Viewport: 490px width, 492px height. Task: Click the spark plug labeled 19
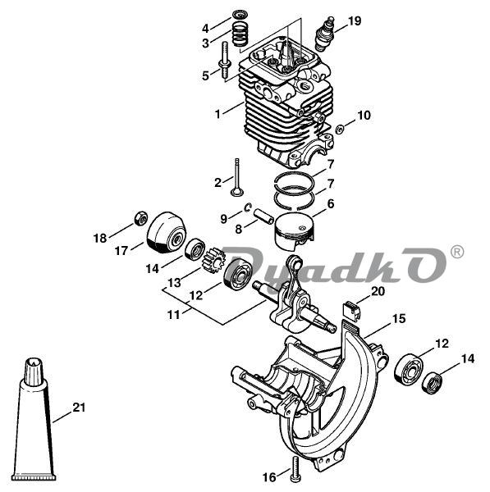pos(324,34)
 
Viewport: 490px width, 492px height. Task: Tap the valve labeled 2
pos(236,178)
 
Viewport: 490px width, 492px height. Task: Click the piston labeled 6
pos(293,231)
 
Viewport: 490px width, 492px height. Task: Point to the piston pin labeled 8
pos(263,216)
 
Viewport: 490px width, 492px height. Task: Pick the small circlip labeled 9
pos(248,207)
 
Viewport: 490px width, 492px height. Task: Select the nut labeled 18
pos(141,217)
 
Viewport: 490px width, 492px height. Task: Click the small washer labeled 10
pos(339,129)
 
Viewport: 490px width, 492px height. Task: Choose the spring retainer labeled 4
pos(240,15)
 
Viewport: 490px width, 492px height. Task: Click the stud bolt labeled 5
pos(225,61)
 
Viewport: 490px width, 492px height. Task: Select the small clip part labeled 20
pos(350,310)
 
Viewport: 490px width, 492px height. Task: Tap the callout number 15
pos(398,318)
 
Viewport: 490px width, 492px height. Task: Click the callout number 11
pos(174,314)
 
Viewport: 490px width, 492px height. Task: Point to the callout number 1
pos(218,114)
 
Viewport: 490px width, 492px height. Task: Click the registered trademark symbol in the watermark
pos(456,252)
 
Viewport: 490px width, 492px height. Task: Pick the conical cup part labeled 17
pos(166,233)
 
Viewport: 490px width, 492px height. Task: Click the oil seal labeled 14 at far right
pos(433,382)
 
